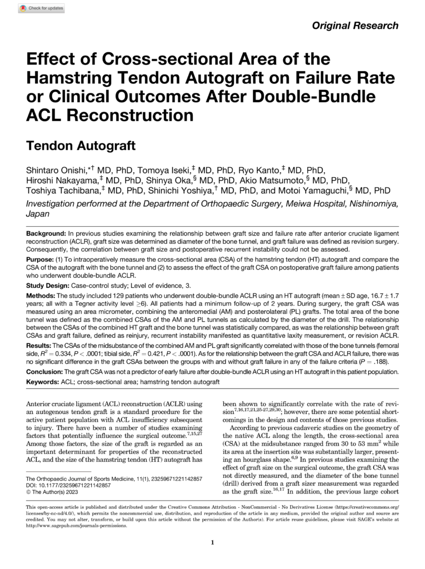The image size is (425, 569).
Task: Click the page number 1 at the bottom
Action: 213,543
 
